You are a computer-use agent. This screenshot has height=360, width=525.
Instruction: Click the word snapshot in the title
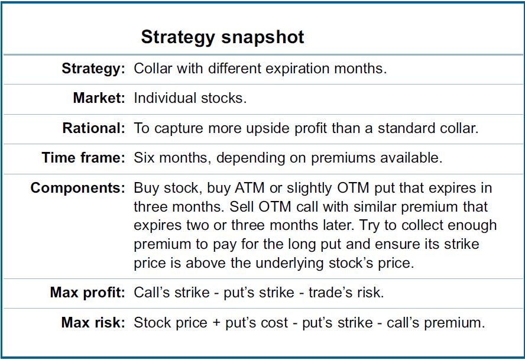tap(263, 37)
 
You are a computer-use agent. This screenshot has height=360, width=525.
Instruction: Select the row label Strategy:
tap(93, 69)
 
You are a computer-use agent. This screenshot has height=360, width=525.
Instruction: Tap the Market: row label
tap(99, 98)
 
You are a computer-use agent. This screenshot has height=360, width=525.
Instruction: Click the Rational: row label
tap(94, 128)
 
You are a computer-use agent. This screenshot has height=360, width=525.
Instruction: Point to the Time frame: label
tap(83, 157)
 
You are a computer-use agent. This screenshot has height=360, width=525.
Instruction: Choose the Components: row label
tap(77, 188)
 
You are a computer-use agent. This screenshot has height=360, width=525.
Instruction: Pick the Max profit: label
tap(87, 293)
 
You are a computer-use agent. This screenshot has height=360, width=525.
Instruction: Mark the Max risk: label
tap(93, 323)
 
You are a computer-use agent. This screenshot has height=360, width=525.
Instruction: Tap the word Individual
tap(165, 98)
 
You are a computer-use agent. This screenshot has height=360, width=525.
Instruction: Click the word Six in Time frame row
tap(144, 157)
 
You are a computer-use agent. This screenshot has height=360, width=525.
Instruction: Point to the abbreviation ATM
tap(249, 188)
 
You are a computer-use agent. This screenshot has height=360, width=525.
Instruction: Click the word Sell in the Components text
tap(242, 207)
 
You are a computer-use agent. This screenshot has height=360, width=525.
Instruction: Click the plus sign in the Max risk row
tap(216, 323)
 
